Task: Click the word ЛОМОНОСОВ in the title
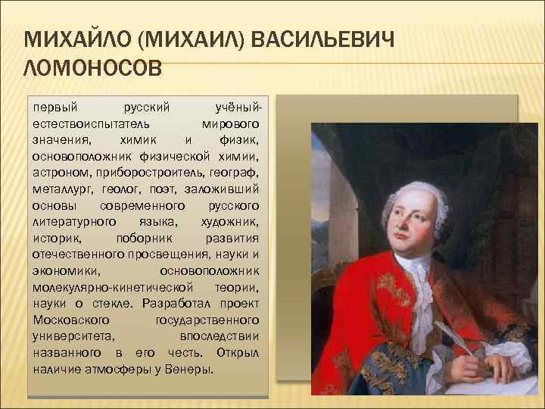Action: click(93, 70)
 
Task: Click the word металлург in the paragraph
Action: click(64, 189)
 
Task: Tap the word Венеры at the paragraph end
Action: click(188, 370)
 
